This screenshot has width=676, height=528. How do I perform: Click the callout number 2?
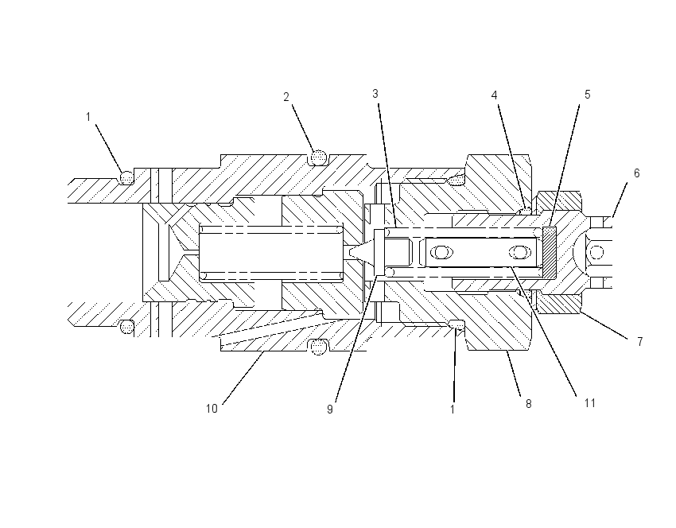pyautogui.click(x=286, y=98)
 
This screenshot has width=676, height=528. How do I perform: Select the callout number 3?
pyautogui.click(x=375, y=94)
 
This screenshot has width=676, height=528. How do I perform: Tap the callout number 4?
pyautogui.click(x=495, y=95)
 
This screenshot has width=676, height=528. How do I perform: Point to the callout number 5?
pyautogui.click(x=587, y=95)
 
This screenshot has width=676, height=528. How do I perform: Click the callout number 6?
pyautogui.click(x=637, y=173)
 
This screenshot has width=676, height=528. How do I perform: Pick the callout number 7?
pyautogui.click(x=639, y=342)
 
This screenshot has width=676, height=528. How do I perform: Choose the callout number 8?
pyautogui.click(x=529, y=404)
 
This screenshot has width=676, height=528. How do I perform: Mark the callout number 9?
pyautogui.click(x=330, y=410)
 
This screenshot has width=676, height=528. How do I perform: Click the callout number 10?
pyautogui.click(x=212, y=409)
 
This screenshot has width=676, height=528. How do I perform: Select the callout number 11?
pyautogui.click(x=590, y=403)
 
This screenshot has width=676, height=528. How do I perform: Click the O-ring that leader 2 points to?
pyautogui.click(x=318, y=157)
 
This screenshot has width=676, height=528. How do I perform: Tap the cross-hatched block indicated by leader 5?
pyautogui.click(x=550, y=252)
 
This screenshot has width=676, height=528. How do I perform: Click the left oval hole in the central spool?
pyautogui.click(x=441, y=252)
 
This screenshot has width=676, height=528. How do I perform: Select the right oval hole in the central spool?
pyautogui.click(x=520, y=252)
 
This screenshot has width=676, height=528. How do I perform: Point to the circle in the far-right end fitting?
pyautogui.click(x=597, y=252)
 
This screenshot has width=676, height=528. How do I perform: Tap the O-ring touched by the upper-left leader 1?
pyautogui.click(x=126, y=177)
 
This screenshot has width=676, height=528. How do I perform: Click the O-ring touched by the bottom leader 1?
pyautogui.click(x=456, y=324)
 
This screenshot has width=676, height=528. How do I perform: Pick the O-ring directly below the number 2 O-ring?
pyautogui.click(x=318, y=346)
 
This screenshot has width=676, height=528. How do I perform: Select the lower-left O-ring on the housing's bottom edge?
pyautogui.click(x=126, y=327)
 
